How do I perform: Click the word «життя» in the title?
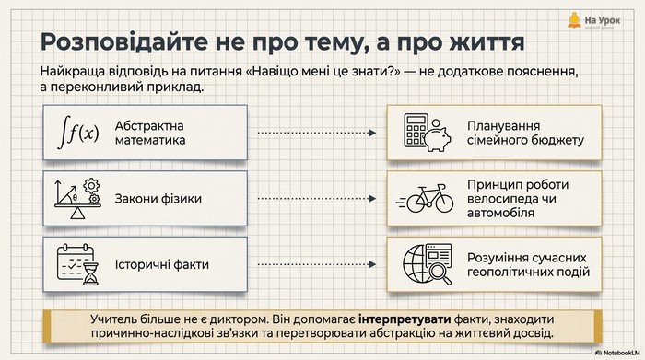coord(487,42)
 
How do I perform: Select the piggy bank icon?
coord(437,136)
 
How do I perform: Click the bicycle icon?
coord(426,199)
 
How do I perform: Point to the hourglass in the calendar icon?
coord(91,273)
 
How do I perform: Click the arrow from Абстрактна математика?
coord(317,133)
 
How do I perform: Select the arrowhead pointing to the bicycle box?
coord(372,199)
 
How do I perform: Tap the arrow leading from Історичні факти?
coord(317,264)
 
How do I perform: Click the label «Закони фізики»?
coord(158,199)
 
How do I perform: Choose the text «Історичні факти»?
coord(162,264)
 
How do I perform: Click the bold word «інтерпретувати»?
coord(405,319)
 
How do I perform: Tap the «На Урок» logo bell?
coord(574,19)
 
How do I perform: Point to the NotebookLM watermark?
coord(617,353)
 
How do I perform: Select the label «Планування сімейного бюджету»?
coord(526,133)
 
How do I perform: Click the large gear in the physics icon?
coord(91,186)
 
